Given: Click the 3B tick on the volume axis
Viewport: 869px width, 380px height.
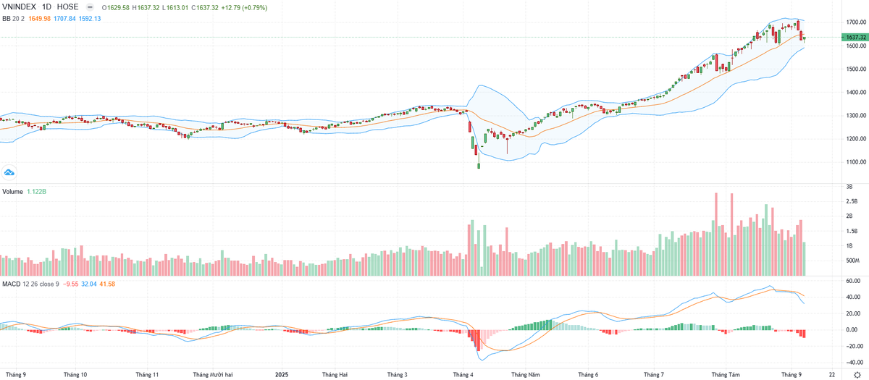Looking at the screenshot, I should point(849,186).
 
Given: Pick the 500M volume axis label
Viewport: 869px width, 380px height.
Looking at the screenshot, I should point(852,260).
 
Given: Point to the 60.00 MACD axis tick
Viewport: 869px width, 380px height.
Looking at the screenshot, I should point(853,280).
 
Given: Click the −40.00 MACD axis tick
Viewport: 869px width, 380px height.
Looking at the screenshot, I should point(852,363).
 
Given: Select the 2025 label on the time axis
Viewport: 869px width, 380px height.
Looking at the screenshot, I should point(283,374).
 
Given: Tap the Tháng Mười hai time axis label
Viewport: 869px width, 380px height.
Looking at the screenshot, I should point(213,374).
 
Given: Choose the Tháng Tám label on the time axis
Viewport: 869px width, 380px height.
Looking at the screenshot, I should point(725,374).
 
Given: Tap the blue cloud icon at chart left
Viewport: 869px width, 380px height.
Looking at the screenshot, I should point(9,172).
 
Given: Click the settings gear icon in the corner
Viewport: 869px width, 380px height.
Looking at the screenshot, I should point(857,374).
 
